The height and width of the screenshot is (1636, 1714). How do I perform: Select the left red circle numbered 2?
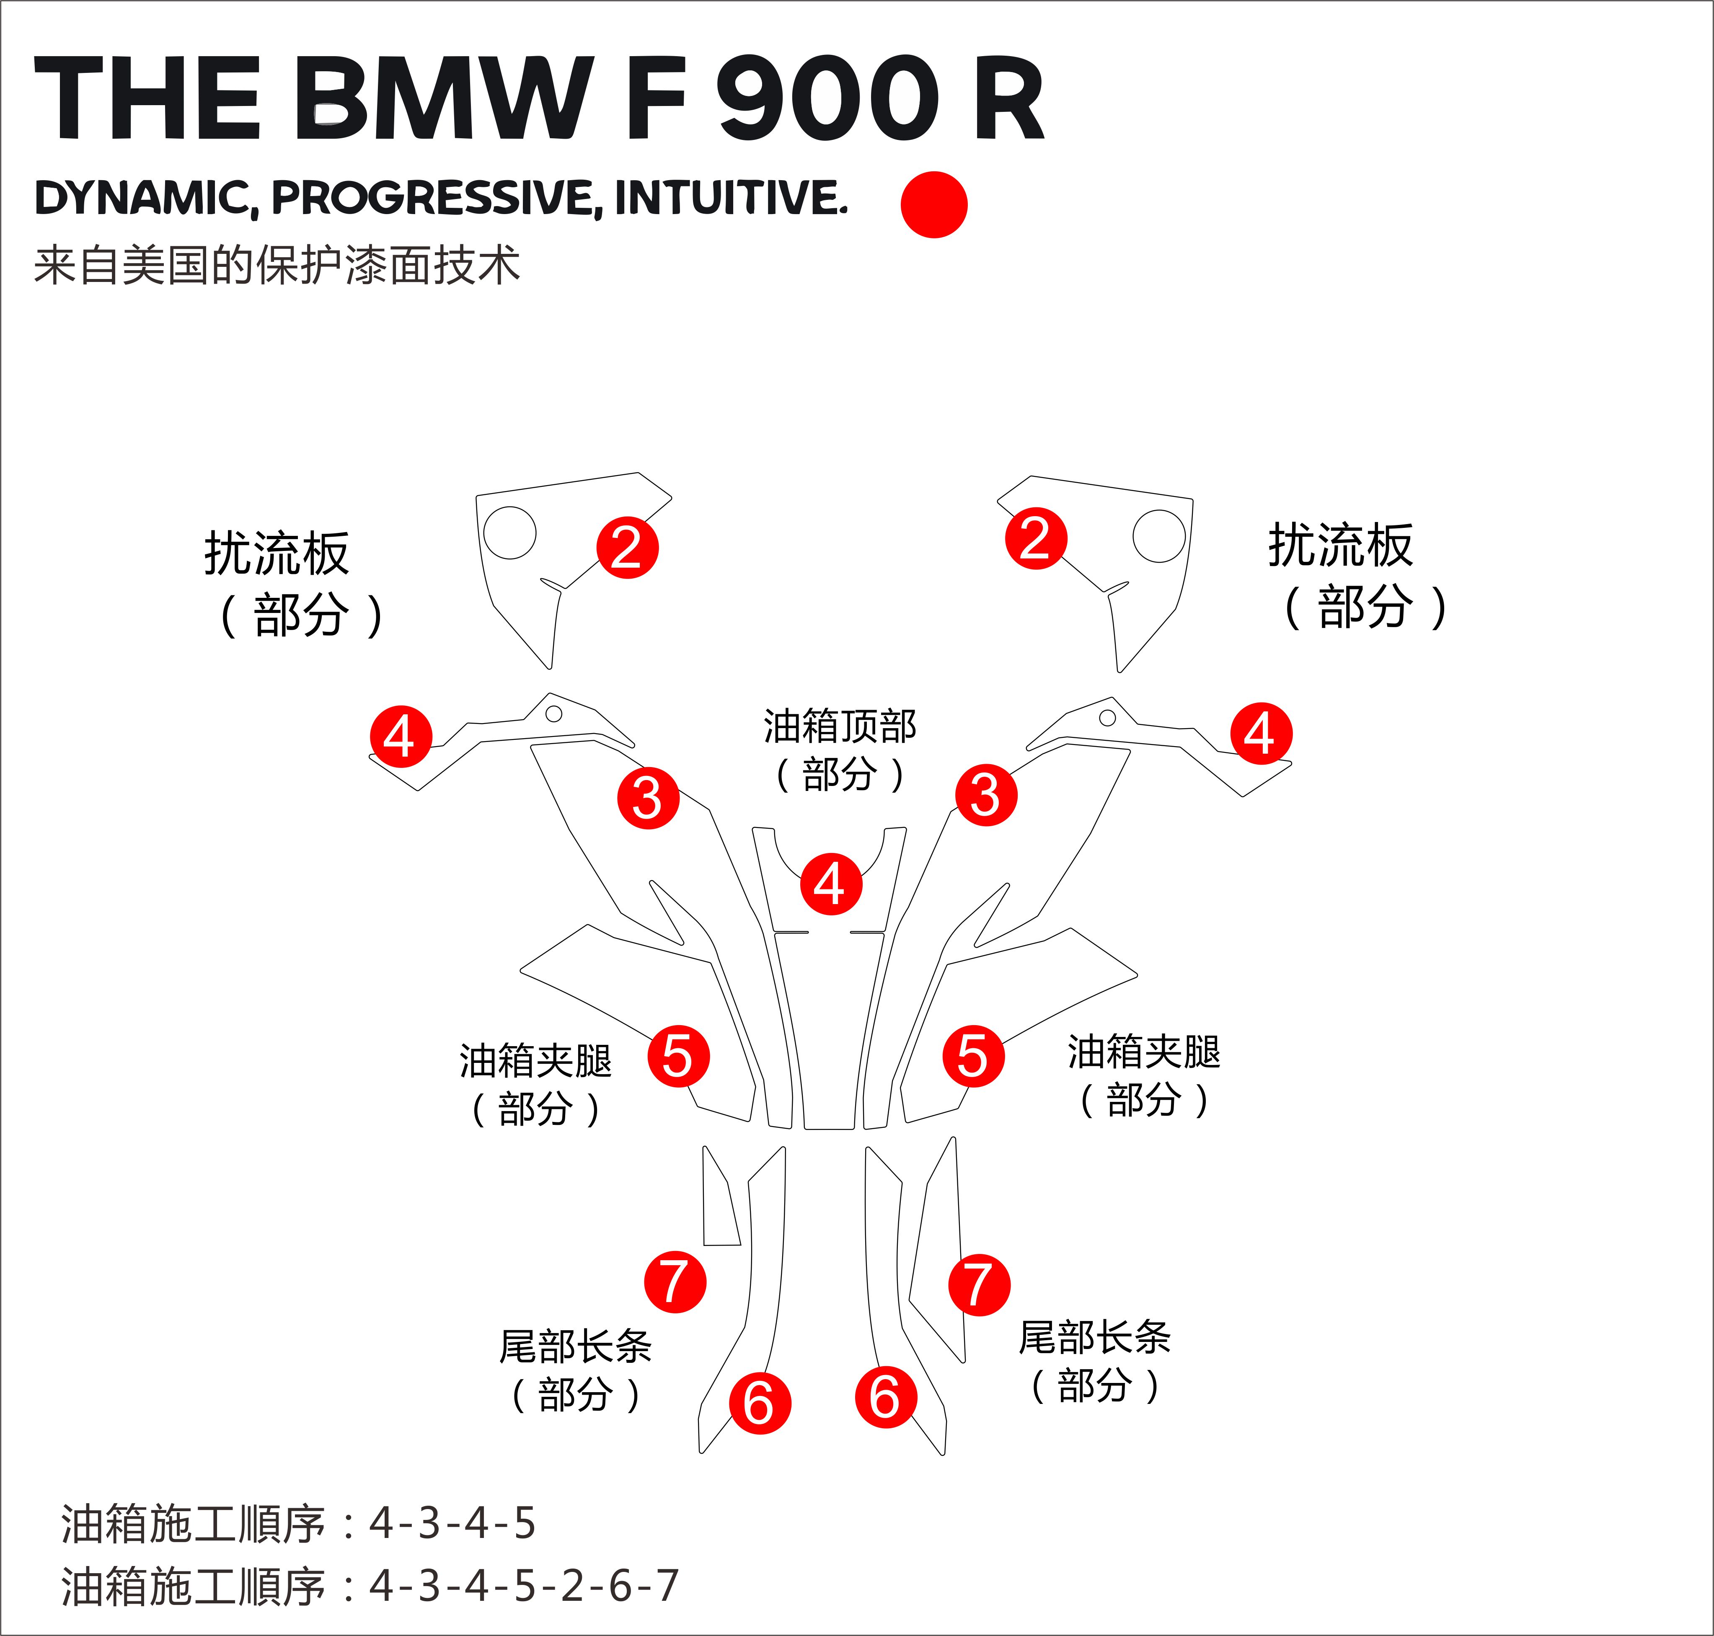627,548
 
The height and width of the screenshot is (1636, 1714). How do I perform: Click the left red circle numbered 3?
648,797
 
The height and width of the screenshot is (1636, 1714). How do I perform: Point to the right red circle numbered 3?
986,794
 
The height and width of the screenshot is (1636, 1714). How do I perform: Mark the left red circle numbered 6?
759,1403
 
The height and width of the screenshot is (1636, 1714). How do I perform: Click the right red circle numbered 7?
979,1285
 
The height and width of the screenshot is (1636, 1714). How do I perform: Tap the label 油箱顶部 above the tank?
840,726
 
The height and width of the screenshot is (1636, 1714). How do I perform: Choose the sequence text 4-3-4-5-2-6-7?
523,1585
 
